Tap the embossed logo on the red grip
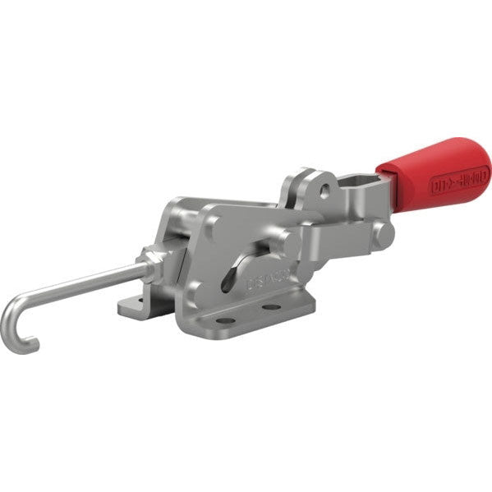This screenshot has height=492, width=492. pos(459,182)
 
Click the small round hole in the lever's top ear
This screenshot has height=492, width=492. pos(326,191)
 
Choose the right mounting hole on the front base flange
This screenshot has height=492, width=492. pos(270,308)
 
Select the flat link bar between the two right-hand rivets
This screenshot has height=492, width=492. pos(337,238)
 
